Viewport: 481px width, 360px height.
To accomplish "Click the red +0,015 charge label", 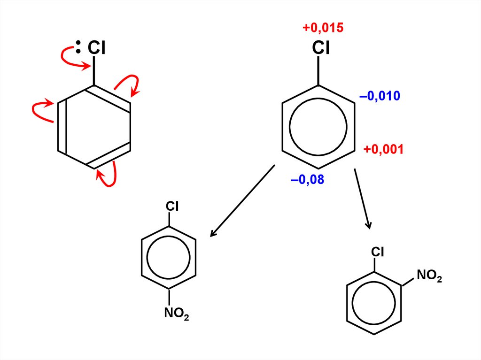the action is pyautogui.click(x=323, y=28).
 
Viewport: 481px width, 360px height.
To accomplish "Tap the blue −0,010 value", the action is pyautogui.click(x=380, y=97).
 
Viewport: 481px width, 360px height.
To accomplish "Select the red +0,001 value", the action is pyautogui.click(x=383, y=150).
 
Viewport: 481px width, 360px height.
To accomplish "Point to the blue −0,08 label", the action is pyautogui.click(x=308, y=179).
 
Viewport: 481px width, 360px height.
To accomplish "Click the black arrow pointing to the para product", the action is pyautogui.click(x=242, y=200).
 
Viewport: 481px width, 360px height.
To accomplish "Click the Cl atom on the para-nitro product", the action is pyautogui.click(x=172, y=206).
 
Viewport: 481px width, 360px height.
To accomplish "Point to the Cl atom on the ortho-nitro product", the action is pyautogui.click(x=378, y=252).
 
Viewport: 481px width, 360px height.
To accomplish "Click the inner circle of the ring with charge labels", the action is pyautogui.click(x=318, y=127).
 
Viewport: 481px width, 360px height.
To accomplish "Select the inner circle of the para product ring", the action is pyautogui.click(x=169, y=257).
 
